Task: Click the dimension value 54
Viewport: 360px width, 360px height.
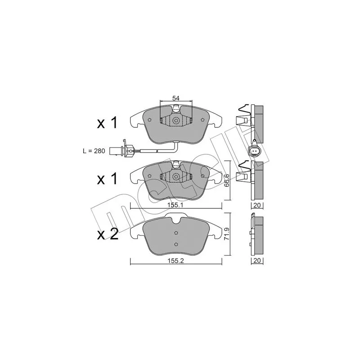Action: (175, 98)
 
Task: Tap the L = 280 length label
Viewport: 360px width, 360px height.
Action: (94, 151)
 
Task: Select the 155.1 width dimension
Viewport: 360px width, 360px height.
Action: (175, 205)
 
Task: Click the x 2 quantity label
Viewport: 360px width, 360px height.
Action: (108, 234)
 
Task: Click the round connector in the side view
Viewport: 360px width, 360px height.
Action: (254, 151)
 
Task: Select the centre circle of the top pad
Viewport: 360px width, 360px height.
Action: (176, 121)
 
